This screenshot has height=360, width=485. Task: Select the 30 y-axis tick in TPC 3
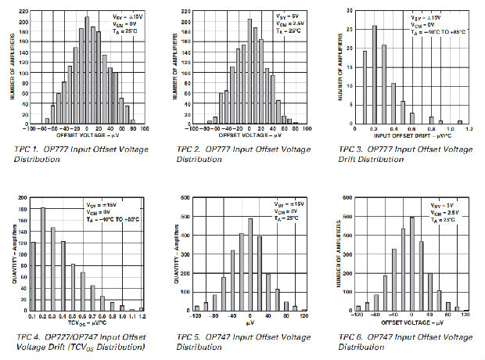click(x=347, y=12)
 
